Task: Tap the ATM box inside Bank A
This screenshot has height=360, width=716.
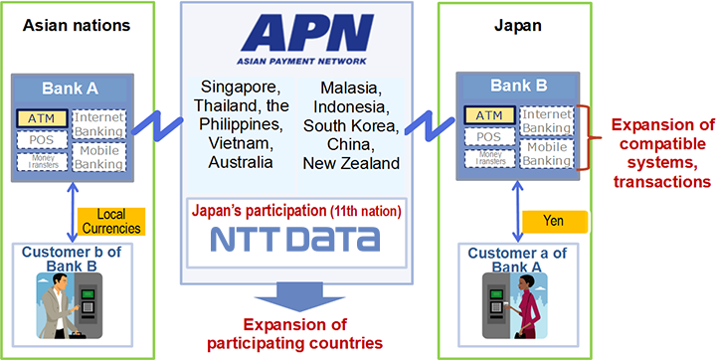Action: [x=42, y=118]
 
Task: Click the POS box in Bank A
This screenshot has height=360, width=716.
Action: [x=41, y=140]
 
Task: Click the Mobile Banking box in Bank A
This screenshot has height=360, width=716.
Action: [x=99, y=157]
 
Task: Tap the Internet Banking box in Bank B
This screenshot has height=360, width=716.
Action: [x=546, y=121]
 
